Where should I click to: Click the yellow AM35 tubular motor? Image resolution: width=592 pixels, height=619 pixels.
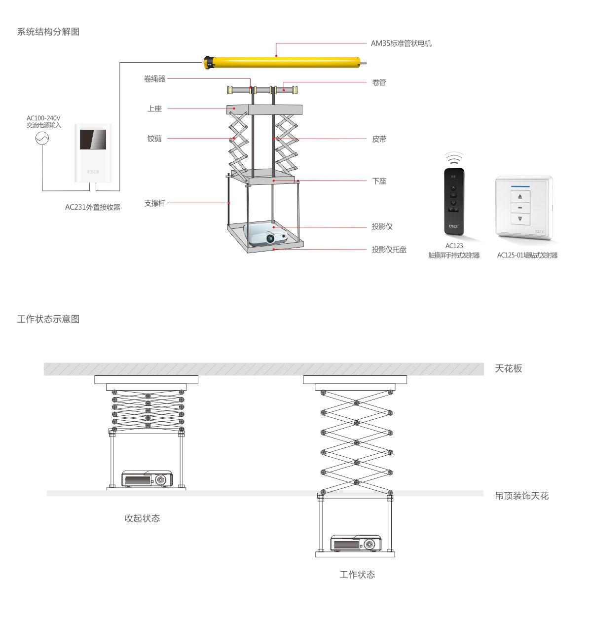[284, 62]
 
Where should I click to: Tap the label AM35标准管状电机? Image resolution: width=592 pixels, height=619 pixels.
[401, 43]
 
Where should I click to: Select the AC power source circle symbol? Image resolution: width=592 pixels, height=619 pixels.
[42, 139]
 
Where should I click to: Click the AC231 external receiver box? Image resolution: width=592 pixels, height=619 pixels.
[93, 153]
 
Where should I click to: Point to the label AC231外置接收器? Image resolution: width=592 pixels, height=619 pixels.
[93, 207]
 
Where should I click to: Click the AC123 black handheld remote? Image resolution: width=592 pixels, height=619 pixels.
[454, 201]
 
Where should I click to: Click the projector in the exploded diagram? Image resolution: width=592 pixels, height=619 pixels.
[267, 234]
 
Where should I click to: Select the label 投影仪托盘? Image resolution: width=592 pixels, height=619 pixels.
[389, 250]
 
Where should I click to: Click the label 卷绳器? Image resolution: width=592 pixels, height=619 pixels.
[154, 79]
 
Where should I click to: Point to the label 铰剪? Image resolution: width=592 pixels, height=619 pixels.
[154, 139]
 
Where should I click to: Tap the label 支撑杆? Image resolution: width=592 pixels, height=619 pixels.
[154, 203]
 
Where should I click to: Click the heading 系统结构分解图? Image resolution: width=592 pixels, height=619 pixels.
[48, 32]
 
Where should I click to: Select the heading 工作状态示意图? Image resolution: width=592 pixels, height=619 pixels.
[48, 319]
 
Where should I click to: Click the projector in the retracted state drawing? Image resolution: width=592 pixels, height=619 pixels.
[147, 479]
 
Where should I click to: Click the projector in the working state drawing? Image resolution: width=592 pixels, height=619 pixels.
[356, 543]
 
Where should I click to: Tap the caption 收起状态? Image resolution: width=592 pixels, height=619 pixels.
[142, 518]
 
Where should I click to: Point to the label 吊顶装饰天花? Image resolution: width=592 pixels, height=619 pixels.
[521, 496]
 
